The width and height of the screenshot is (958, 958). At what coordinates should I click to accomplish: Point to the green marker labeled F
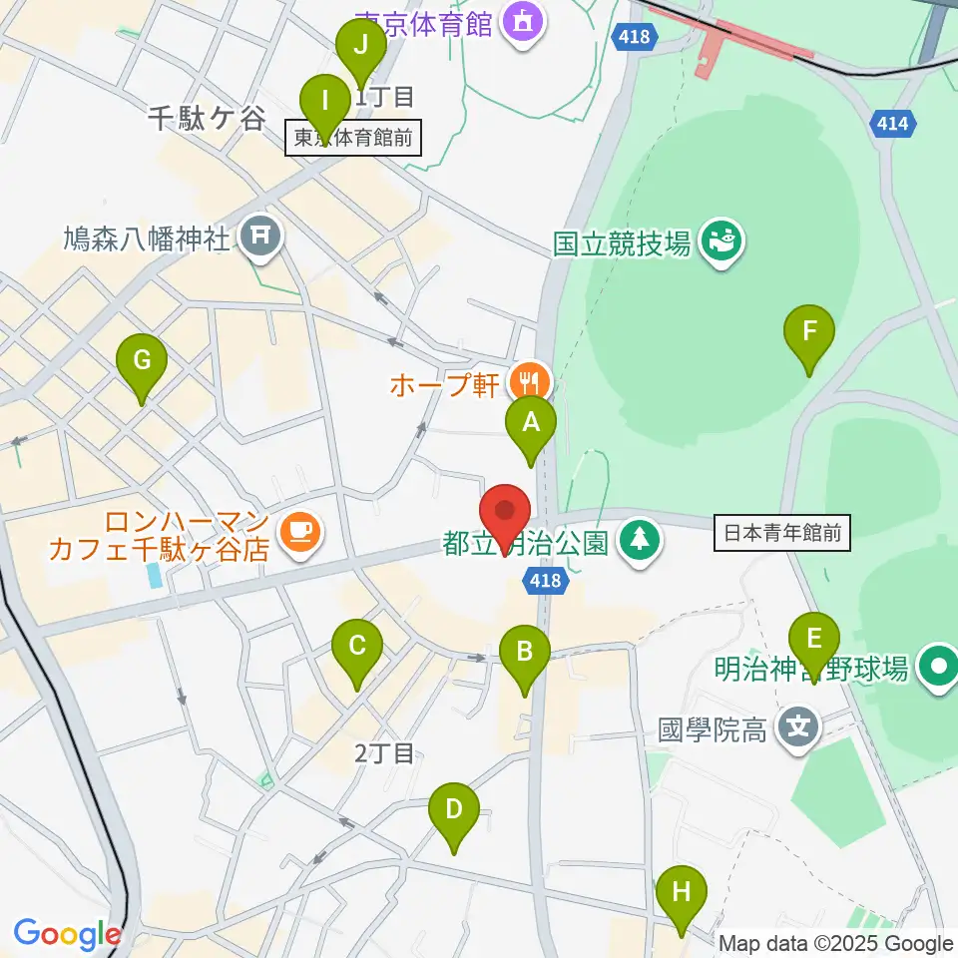[x=809, y=332]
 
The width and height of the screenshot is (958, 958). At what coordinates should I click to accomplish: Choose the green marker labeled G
[x=142, y=361]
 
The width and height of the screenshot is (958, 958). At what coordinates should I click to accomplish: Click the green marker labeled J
[x=360, y=47]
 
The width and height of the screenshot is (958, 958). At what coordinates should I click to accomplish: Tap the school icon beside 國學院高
[x=800, y=727]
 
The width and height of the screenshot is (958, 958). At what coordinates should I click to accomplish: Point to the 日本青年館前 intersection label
[x=781, y=534]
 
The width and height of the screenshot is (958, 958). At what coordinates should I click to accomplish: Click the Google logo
[x=67, y=934]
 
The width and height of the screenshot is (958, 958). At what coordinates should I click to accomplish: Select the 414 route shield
[x=892, y=122]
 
